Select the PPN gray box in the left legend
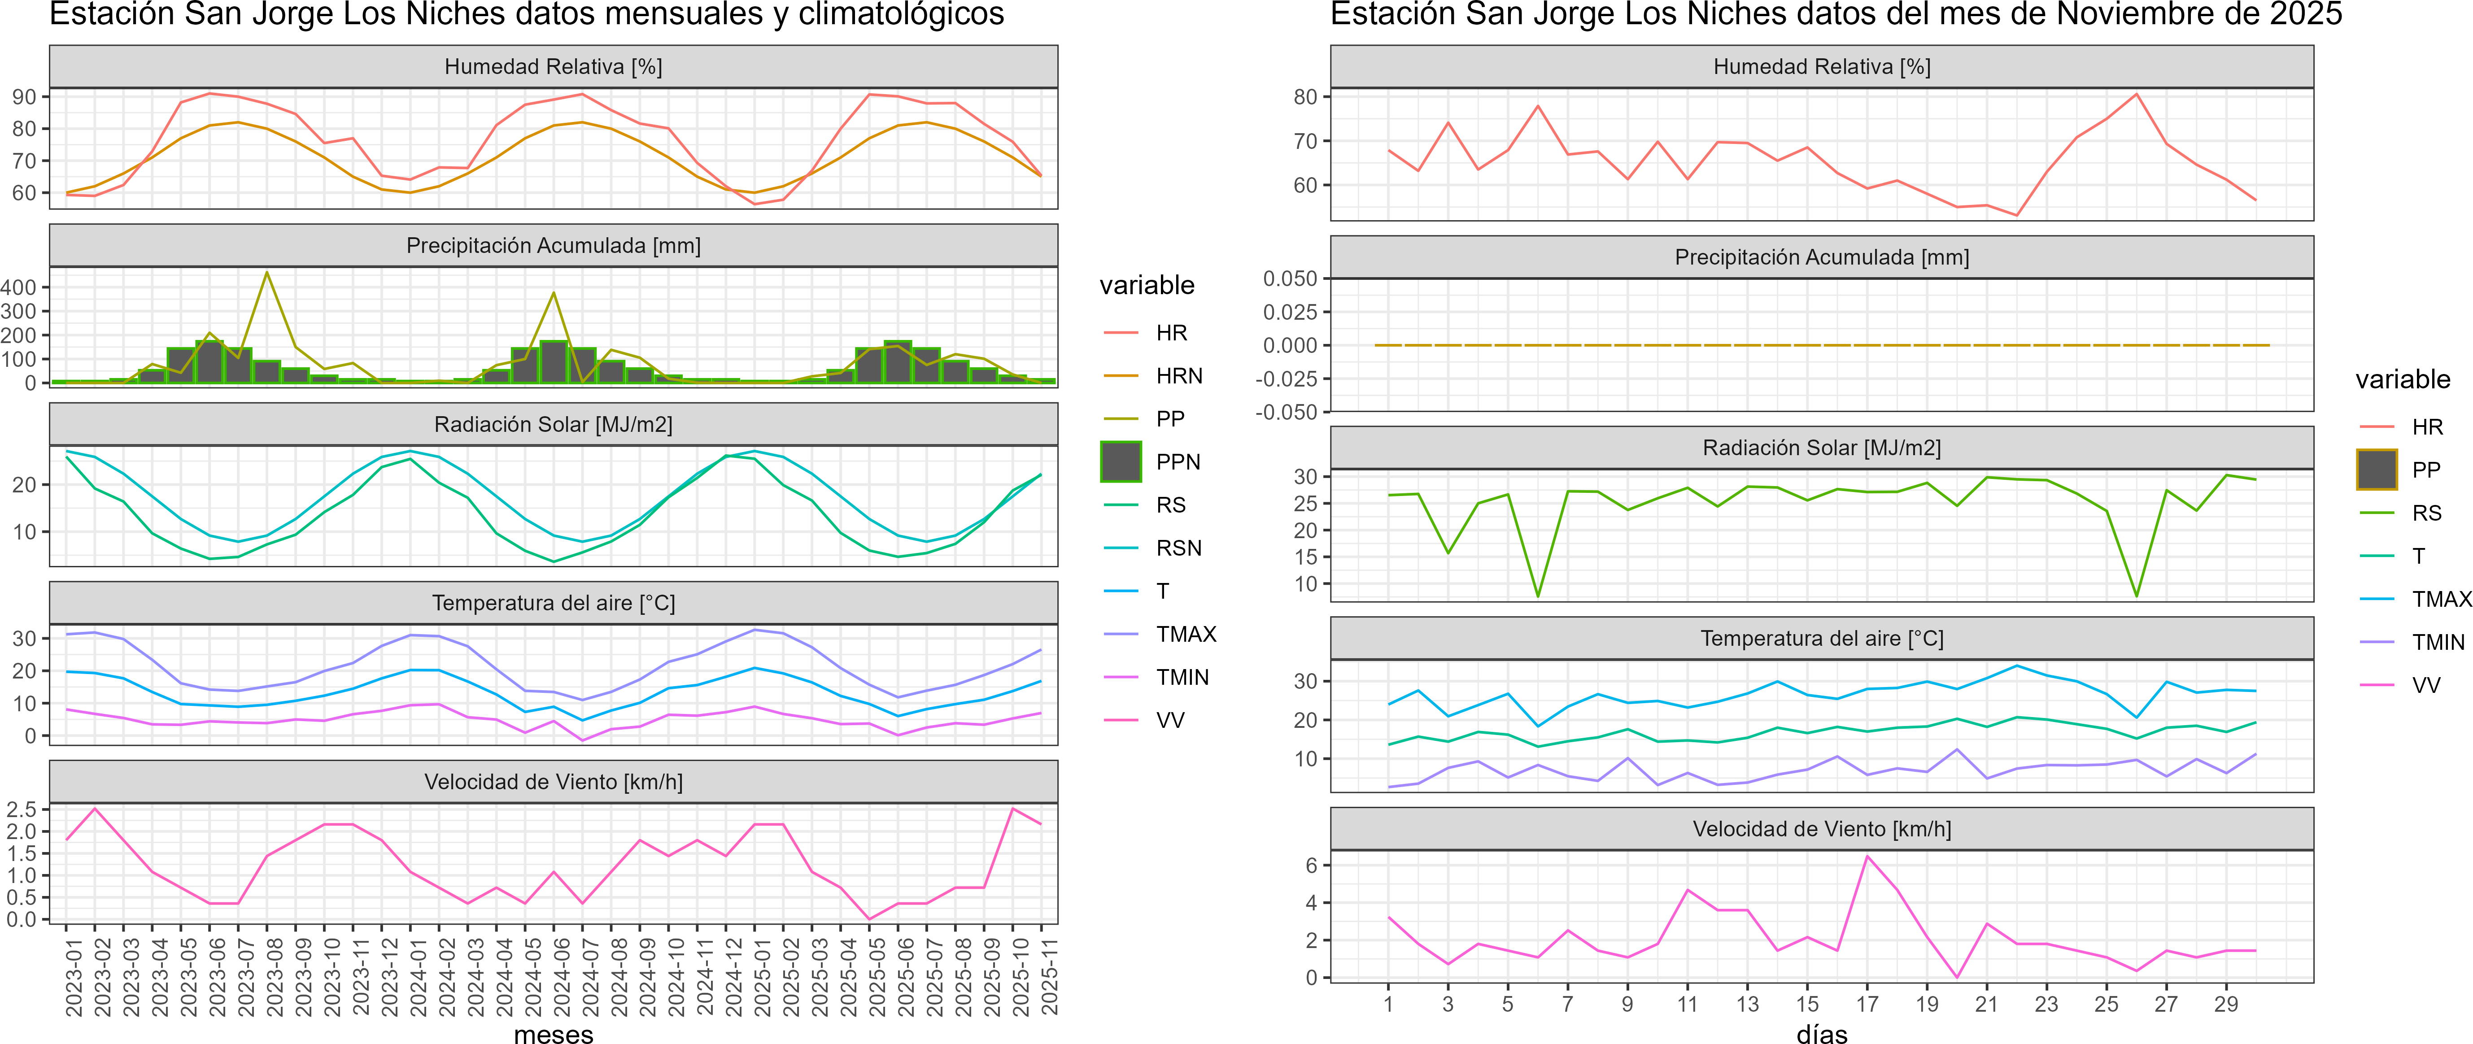[x=1121, y=461]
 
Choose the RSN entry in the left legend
[x=1178, y=548]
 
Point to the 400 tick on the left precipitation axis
[x=19, y=287]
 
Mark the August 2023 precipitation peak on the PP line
[x=267, y=273]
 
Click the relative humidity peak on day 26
[x=2136, y=94]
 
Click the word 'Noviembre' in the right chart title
[x=2093, y=14]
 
